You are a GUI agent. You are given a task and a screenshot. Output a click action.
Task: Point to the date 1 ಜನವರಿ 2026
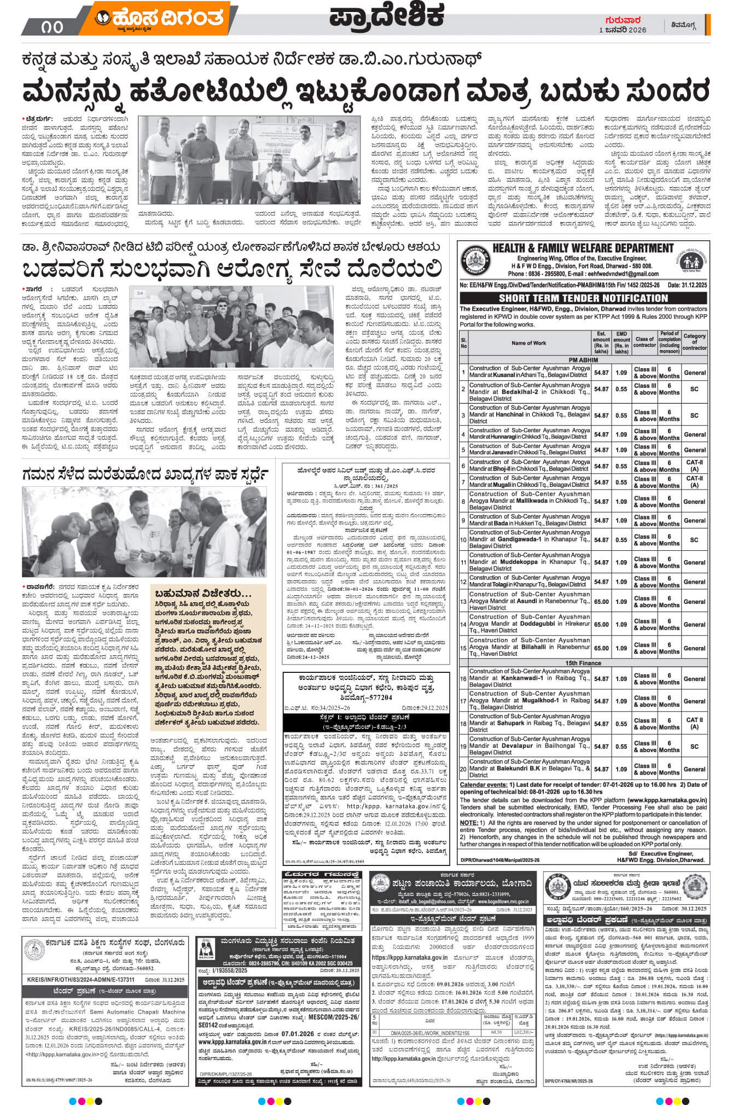pos(623,30)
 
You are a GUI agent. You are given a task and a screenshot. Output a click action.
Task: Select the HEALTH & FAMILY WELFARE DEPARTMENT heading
pos(583,248)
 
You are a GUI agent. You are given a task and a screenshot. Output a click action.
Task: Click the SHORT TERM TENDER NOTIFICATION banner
pos(584,298)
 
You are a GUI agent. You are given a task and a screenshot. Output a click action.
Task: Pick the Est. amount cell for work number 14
pos(601,624)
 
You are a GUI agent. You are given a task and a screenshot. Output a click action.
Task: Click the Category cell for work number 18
pos(694,723)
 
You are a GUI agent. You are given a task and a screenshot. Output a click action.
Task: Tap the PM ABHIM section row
pos(583,359)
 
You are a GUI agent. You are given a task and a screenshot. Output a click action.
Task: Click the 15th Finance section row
pos(583,663)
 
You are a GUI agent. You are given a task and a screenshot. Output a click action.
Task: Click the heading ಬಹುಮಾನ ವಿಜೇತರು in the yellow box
pos(203,594)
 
